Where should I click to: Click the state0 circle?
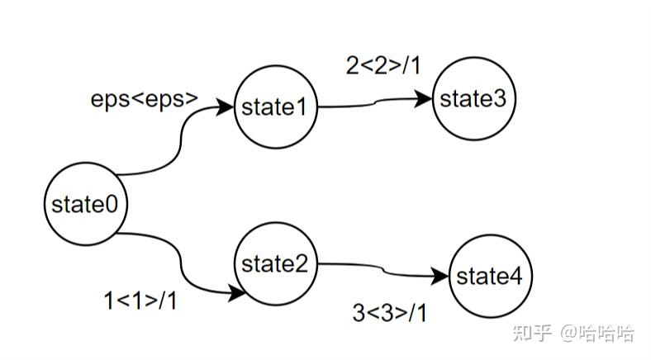(86, 203)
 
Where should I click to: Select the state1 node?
(275, 107)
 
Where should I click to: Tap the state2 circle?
(275, 264)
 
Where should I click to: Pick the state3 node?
(473, 100)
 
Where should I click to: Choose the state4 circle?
(490, 277)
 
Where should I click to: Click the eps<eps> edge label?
(145, 99)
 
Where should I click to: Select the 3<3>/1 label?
(390, 314)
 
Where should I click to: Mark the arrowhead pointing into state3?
(425, 99)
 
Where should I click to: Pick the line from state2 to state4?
(380, 268)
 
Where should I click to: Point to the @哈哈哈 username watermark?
(597, 333)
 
